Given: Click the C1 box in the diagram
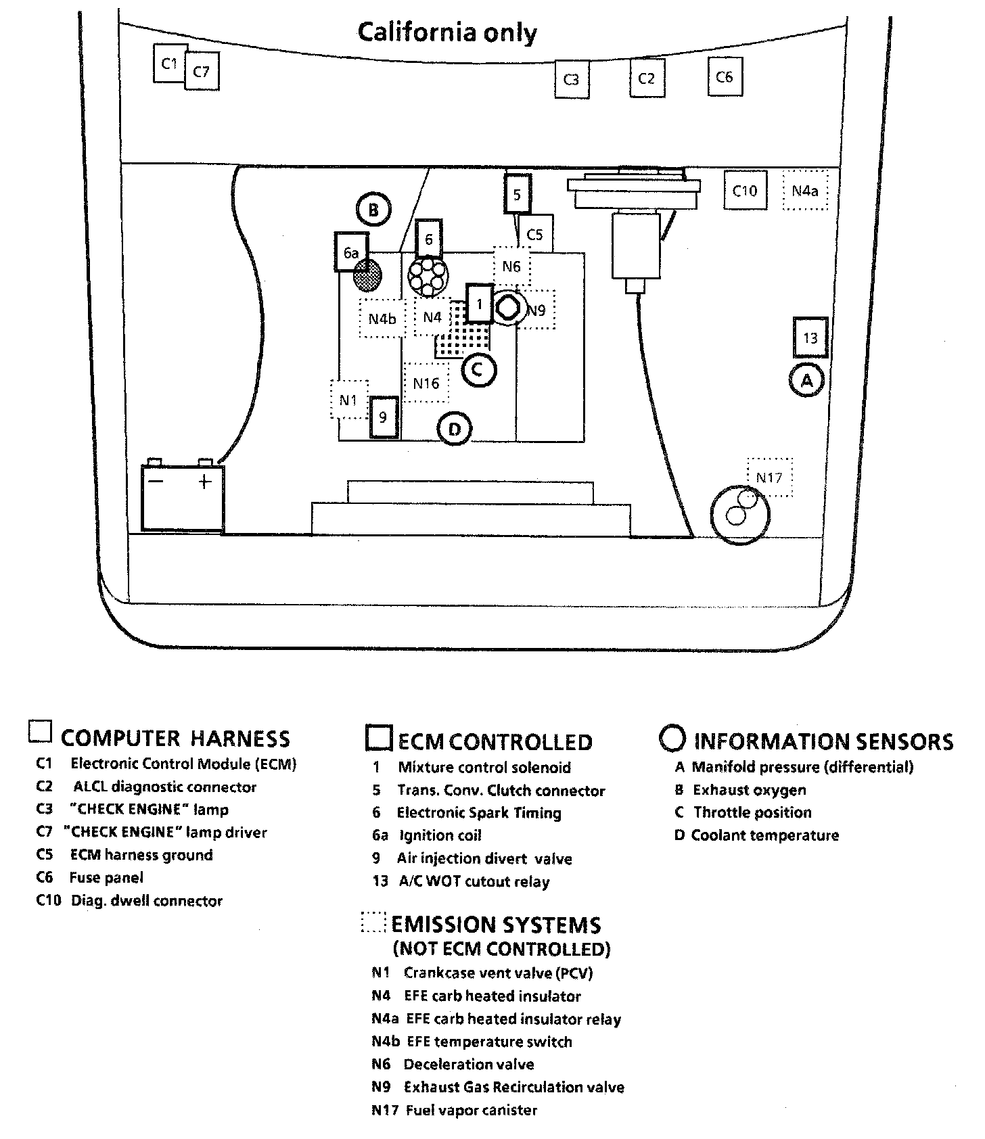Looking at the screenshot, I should point(169,64).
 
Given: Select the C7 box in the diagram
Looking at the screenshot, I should point(202,71).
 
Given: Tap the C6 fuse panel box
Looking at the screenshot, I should point(725,76).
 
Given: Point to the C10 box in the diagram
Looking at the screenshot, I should point(745,191).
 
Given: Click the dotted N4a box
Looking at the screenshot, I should point(805,191).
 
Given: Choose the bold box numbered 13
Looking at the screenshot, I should point(810,338).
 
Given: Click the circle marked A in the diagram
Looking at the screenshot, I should point(806,381).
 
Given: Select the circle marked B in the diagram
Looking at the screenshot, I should point(373,210).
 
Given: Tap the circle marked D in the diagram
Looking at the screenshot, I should point(455,429).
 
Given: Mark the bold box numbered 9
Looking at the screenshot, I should point(383,417).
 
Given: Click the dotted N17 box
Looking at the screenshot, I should point(769,478).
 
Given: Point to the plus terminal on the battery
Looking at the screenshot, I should point(204,482).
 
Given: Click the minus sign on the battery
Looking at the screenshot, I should point(156,482).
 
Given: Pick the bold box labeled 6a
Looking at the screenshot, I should point(351,252).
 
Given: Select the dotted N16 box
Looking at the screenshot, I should point(426,383).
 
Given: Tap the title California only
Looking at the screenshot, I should point(447,32).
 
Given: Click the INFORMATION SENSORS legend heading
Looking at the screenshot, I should point(823,741).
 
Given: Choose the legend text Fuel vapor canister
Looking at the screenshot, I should point(471,1110).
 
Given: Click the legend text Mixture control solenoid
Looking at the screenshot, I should point(484,768).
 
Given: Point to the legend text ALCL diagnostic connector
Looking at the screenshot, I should point(165,787).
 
